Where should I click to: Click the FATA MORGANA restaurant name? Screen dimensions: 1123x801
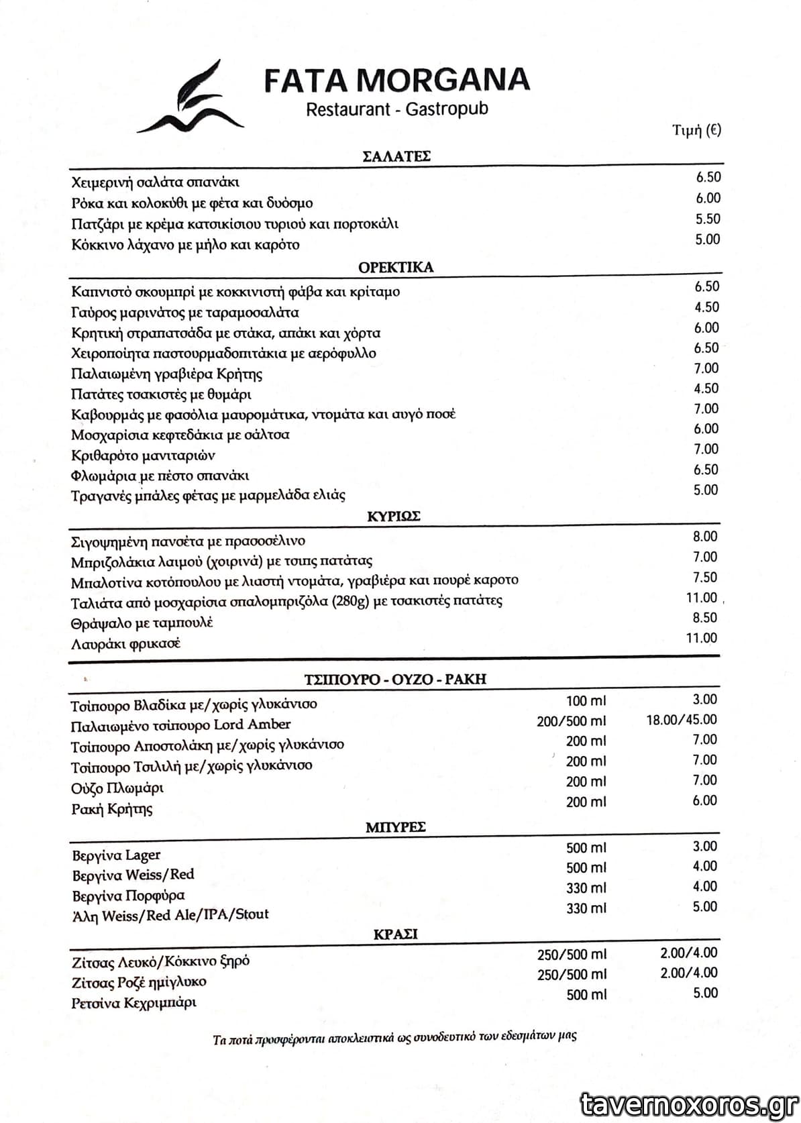coord(396,80)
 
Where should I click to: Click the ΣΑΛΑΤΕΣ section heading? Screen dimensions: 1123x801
coord(396,156)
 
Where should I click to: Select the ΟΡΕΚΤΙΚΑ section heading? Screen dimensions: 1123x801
coord(396,267)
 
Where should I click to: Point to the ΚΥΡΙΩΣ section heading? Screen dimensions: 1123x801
coord(394,516)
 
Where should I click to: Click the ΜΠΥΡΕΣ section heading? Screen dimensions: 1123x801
coord(396,827)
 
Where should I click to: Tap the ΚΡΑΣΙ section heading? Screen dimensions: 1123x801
coord(395,934)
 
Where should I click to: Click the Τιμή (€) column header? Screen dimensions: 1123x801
coord(696,130)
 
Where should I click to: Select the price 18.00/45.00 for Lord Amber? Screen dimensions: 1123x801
coord(681,720)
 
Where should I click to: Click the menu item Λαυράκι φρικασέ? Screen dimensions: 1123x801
coord(125,644)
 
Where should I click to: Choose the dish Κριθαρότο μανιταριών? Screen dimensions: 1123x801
coord(143,456)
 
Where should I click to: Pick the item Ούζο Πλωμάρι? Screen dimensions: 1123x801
coord(117,788)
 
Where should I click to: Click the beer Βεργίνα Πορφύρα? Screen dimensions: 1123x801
coord(128,896)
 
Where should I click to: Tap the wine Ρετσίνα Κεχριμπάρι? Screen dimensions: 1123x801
coord(133,1004)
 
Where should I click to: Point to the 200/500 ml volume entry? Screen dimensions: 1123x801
coord(571,721)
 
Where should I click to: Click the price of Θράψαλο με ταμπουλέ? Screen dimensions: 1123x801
coord(704,618)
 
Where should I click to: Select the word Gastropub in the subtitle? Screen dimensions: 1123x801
coord(447,109)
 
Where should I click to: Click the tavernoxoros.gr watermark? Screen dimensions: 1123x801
coord(689,1104)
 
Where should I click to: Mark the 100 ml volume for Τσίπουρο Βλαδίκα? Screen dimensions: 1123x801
coord(586,701)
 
